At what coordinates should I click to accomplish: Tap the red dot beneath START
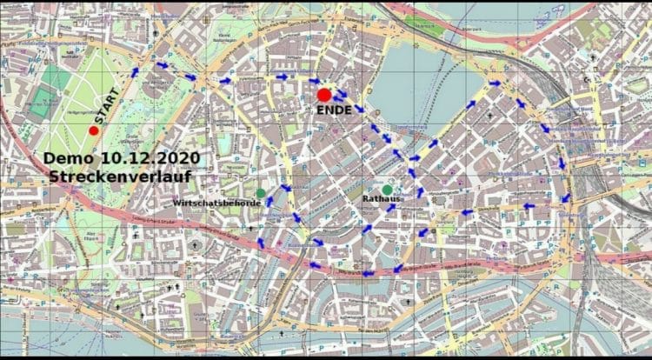point(94,130)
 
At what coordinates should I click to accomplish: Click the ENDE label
point(335,110)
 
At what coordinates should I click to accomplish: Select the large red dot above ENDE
point(324,94)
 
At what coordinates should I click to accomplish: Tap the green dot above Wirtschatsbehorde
point(261,192)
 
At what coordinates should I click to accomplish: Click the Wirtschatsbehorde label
point(216,202)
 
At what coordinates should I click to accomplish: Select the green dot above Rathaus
point(387,190)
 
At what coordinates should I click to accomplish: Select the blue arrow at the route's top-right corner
point(496,84)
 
